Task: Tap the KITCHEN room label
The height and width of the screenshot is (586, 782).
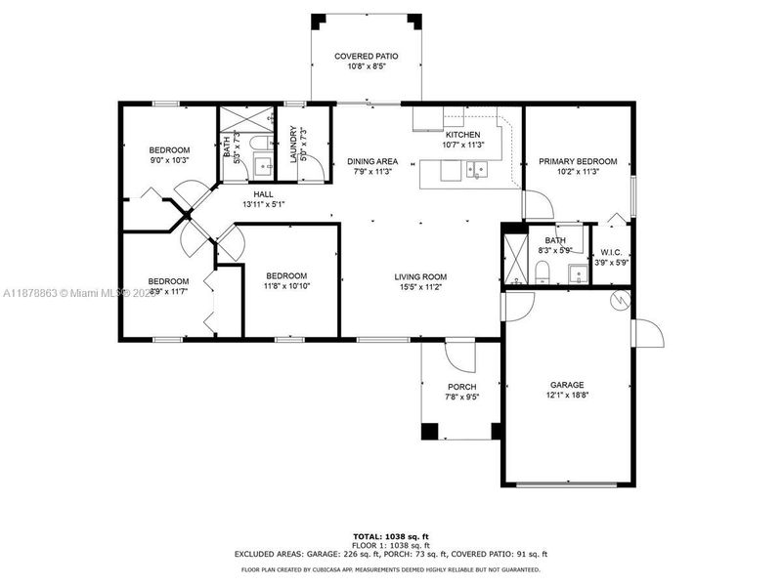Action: (x=462, y=134)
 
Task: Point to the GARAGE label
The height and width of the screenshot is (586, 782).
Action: (x=566, y=385)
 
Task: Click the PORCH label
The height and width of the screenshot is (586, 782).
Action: (x=461, y=387)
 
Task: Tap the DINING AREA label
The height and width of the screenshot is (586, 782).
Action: (x=372, y=161)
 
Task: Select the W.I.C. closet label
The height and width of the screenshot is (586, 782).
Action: (x=612, y=252)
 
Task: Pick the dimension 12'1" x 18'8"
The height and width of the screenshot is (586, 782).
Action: (x=566, y=396)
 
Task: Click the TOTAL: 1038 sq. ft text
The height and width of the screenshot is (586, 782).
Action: (x=390, y=535)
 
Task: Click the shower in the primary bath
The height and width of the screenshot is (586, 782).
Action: (x=514, y=259)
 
